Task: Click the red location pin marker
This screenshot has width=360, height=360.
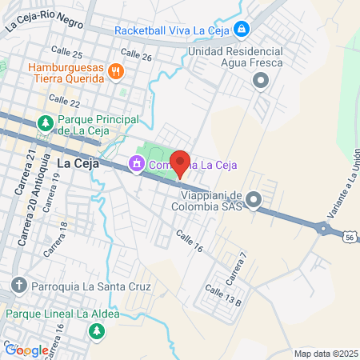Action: tap(180, 162)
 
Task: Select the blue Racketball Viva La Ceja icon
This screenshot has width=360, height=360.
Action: tap(242, 30)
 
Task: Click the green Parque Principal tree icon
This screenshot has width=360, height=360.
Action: tap(46, 123)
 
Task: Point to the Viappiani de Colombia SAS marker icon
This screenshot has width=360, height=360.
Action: tap(254, 199)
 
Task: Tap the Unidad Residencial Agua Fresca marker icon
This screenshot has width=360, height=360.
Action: tap(260, 80)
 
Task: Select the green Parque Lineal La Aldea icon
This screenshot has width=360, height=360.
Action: tap(97, 330)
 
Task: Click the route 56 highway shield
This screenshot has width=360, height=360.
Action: tap(350, 237)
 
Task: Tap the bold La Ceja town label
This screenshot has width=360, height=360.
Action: tap(78, 163)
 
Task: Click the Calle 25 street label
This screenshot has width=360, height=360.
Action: tap(66, 54)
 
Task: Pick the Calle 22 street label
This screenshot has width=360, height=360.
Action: tap(64, 102)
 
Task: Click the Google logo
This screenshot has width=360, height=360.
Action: tap(26, 350)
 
